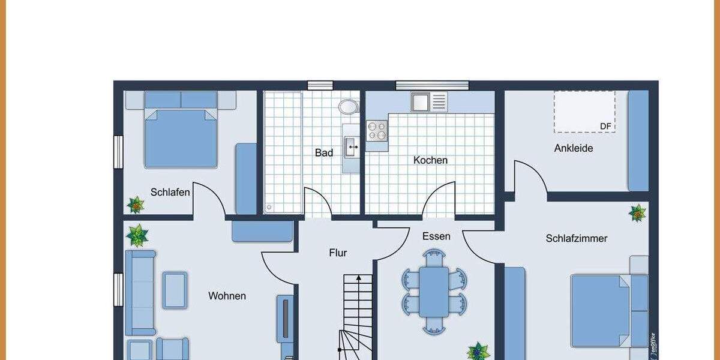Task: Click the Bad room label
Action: [324, 153]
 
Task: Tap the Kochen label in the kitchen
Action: [430, 160]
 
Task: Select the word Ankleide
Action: [573, 148]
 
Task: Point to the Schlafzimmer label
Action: [576, 239]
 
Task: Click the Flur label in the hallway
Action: [338, 253]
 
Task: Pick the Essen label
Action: [436, 236]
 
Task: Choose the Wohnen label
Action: [227, 296]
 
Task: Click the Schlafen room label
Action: [170, 193]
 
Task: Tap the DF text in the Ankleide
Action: [605, 126]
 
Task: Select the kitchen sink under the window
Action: [429, 102]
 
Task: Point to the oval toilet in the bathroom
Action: [348, 107]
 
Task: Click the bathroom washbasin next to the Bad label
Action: [351, 145]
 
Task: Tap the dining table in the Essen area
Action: [434, 292]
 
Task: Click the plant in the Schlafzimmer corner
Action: [637, 212]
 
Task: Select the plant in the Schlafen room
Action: [136, 205]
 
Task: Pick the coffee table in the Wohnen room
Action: [175, 290]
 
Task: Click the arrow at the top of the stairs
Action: [358, 278]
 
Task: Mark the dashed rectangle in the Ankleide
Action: [584, 112]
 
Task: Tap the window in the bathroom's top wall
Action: [320, 85]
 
